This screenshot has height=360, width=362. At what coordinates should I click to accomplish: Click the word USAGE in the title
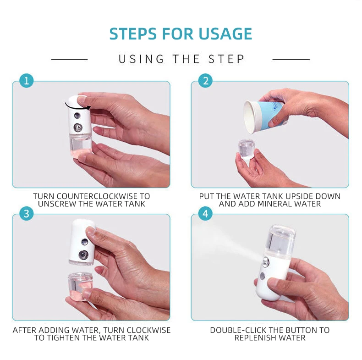pyautogui.click(x=225, y=34)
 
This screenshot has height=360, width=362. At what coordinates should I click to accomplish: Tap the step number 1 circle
pyautogui.click(x=26, y=81)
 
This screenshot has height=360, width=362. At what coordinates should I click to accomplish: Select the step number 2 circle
pyautogui.click(x=205, y=81)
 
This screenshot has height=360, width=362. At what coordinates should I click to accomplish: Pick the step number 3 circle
pyautogui.click(x=26, y=214)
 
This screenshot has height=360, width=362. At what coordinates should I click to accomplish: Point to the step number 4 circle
pyautogui.click(x=205, y=214)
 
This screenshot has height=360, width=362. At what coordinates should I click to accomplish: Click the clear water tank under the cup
pyautogui.click(x=247, y=149)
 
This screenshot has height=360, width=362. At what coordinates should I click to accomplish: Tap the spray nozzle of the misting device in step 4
pyautogui.click(x=265, y=261)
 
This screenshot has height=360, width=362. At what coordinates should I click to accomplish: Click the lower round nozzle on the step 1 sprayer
pyautogui.click(x=78, y=127)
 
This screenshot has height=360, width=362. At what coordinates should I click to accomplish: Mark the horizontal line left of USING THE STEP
pyautogui.click(x=69, y=59)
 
